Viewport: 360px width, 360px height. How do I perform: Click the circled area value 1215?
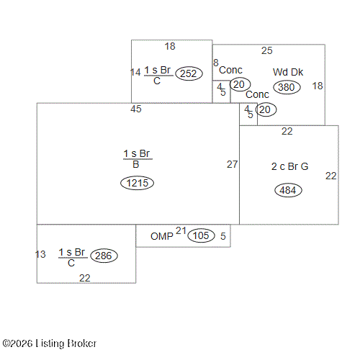pyautogui.click(x=137, y=183)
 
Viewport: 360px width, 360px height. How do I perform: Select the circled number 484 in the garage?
pyautogui.click(x=288, y=190)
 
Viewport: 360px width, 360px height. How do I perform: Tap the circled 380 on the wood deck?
pyautogui.click(x=287, y=87)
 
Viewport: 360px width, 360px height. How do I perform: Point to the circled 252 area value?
pyautogui.click(x=189, y=73)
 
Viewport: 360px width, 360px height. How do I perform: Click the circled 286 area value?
pyautogui.click(x=104, y=256)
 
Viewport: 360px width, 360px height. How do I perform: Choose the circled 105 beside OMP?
pyautogui.click(x=201, y=235)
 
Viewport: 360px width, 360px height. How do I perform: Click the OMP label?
pyautogui.click(x=162, y=236)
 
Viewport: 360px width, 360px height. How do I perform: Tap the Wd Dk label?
pyautogui.click(x=288, y=72)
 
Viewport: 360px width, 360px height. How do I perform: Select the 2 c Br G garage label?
pyautogui.click(x=289, y=166)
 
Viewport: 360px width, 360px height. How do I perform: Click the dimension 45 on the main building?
pyautogui.click(x=136, y=109)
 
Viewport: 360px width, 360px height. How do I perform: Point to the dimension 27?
pyautogui.click(x=232, y=164)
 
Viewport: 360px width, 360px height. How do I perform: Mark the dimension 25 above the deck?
pyautogui.click(x=267, y=50)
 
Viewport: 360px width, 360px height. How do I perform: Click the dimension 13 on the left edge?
pyautogui.click(x=40, y=254)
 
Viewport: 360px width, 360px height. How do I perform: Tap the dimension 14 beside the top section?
pyautogui.click(x=135, y=72)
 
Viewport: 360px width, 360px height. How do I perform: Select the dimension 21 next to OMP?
pyautogui.click(x=181, y=230)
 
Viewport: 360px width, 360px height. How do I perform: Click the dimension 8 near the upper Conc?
pyautogui.click(x=216, y=63)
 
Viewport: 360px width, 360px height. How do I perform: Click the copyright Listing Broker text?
pyautogui.click(x=50, y=343)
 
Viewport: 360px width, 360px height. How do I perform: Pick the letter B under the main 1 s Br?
pyautogui.click(x=136, y=164)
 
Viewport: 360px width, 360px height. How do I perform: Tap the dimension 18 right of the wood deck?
pyautogui.click(x=318, y=86)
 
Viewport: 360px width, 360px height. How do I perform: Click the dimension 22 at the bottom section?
pyautogui.click(x=85, y=278)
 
